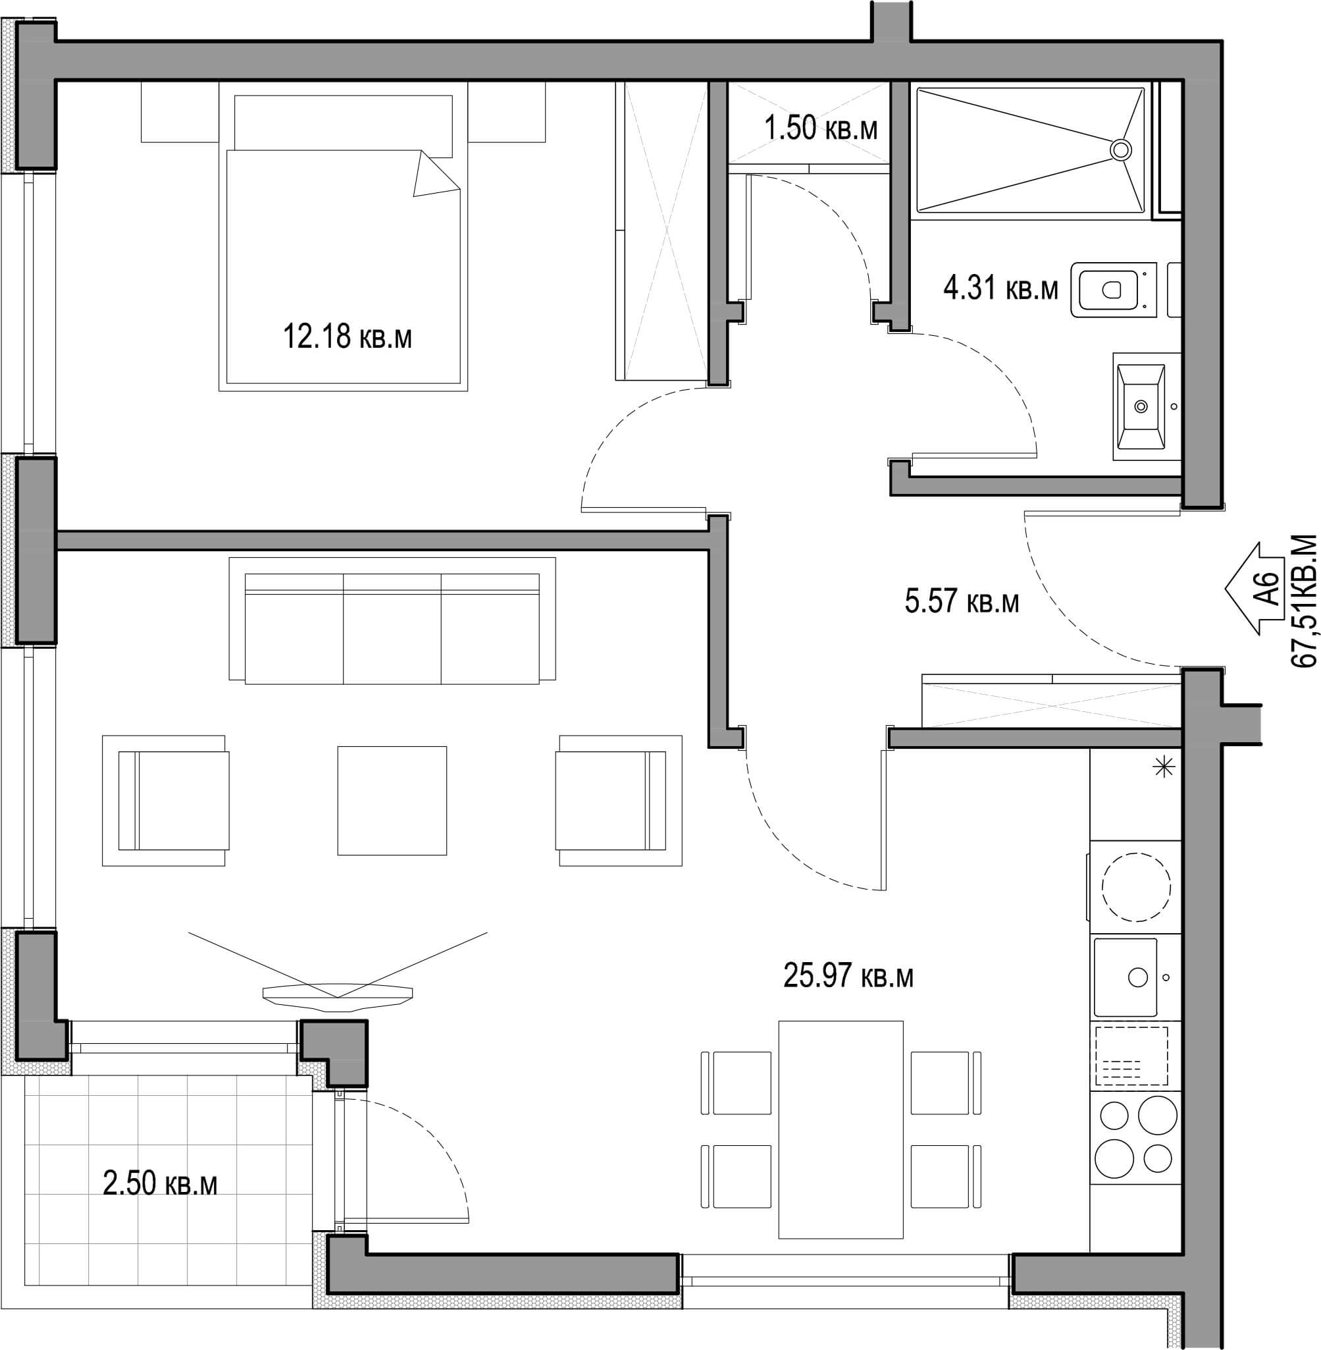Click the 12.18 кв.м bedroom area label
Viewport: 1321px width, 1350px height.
click(347, 337)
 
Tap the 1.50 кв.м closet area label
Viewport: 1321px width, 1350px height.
click(821, 128)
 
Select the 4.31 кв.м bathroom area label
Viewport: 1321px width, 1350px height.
click(1000, 287)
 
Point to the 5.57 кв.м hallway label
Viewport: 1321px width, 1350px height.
click(962, 601)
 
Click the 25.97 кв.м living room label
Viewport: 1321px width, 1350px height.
click(848, 976)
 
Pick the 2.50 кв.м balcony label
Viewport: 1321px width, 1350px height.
click(160, 1183)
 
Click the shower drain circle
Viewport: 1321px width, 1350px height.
click(1120, 149)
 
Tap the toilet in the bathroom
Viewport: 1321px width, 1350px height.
click(1114, 290)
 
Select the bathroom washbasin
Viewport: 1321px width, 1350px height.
click(1141, 407)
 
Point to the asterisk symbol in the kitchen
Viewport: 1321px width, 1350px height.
click(1164, 767)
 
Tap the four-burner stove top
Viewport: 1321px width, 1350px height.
click(1136, 1137)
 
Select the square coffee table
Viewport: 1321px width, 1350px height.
click(392, 800)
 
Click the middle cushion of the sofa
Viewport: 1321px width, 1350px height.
click(392, 628)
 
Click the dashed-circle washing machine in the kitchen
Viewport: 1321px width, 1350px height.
click(1137, 887)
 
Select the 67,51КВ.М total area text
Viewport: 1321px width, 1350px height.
click(1304, 600)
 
